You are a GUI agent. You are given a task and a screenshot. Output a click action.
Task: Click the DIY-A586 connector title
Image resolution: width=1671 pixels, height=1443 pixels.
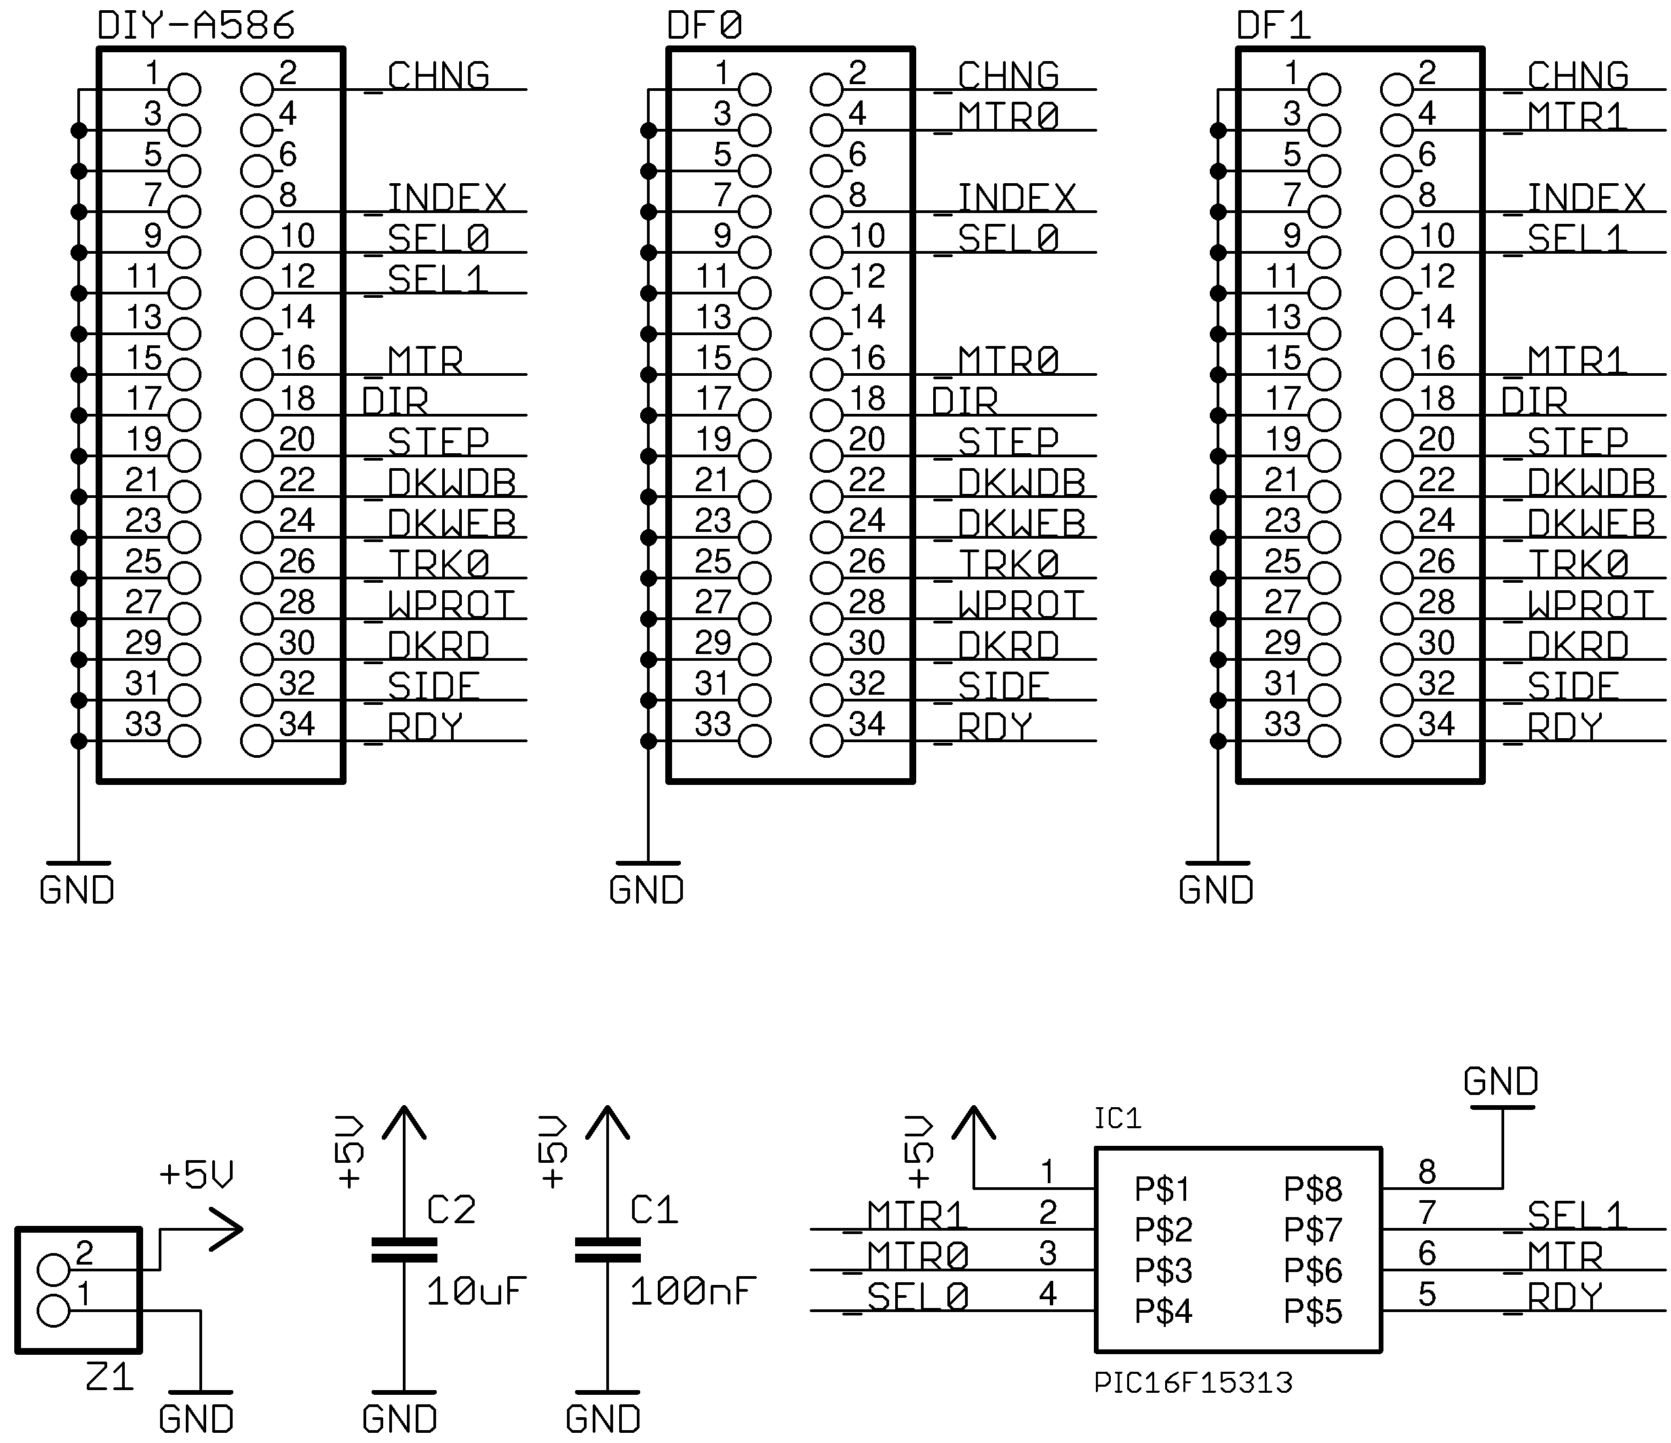point(196,26)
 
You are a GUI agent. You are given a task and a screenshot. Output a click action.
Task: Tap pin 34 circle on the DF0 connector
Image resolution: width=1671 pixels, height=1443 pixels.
point(826,740)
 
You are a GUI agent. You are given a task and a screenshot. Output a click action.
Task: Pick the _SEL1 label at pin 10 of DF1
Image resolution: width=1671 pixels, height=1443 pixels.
point(1576,239)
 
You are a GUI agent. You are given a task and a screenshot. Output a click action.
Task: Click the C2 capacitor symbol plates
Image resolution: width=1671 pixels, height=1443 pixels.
point(404,1250)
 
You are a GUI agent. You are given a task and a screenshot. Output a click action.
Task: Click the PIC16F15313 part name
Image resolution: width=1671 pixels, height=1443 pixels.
point(1193,1383)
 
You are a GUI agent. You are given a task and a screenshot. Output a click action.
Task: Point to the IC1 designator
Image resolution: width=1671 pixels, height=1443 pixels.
point(1117,1119)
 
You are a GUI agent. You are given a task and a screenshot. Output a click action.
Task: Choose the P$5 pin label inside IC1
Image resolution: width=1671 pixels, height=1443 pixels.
point(1312,1312)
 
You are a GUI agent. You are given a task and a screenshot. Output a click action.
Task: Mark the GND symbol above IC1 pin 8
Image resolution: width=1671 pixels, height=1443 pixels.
point(1501,1085)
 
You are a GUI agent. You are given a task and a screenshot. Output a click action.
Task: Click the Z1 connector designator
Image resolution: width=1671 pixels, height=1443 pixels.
point(109,1377)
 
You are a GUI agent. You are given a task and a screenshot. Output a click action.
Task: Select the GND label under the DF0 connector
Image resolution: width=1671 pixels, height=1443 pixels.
point(646,889)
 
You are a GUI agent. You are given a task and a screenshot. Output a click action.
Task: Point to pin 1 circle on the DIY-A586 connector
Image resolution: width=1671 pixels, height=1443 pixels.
point(184,90)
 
